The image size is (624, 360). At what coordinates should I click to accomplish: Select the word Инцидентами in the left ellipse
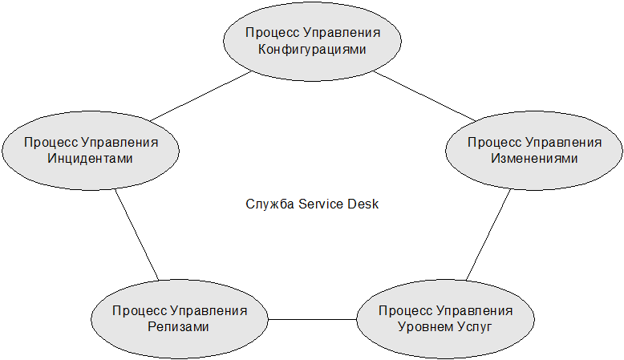[x=91, y=158]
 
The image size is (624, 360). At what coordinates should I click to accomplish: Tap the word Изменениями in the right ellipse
[x=534, y=158]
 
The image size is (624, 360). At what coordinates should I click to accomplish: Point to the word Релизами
[x=179, y=326]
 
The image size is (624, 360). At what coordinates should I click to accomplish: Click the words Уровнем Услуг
[x=445, y=326]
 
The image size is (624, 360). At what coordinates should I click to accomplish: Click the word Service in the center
[x=321, y=204]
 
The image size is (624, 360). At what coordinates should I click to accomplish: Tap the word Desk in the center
[x=363, y=204]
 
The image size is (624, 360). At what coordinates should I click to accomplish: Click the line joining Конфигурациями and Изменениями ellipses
[x=425, y=97]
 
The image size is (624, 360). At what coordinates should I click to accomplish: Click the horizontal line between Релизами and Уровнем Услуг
[x=312, y=320]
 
